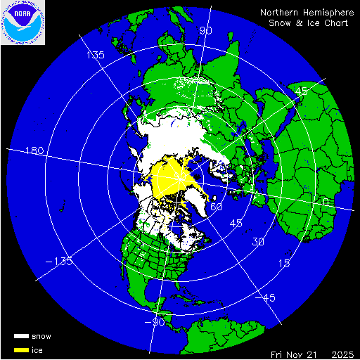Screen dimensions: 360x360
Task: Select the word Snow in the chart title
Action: [x=280, y=23]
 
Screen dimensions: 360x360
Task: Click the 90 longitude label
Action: [x=206, y=31]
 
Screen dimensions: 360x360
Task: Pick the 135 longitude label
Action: [x=95, y=55]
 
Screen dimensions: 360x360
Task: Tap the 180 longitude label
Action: [x=34, y=151]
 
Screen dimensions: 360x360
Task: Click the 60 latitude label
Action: [x=217, y=207]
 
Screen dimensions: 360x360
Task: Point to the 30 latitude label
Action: [x=259, y=243]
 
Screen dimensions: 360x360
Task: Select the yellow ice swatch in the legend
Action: [x=21, y=349]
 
